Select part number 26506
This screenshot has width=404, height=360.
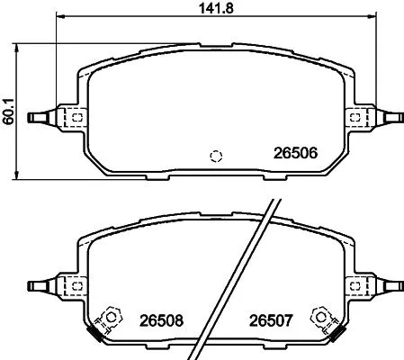[296, 153]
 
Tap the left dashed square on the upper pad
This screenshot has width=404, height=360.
[76, 116]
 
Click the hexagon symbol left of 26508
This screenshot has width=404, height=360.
[112, 316]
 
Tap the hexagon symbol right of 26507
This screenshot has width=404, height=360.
[319, 316]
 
